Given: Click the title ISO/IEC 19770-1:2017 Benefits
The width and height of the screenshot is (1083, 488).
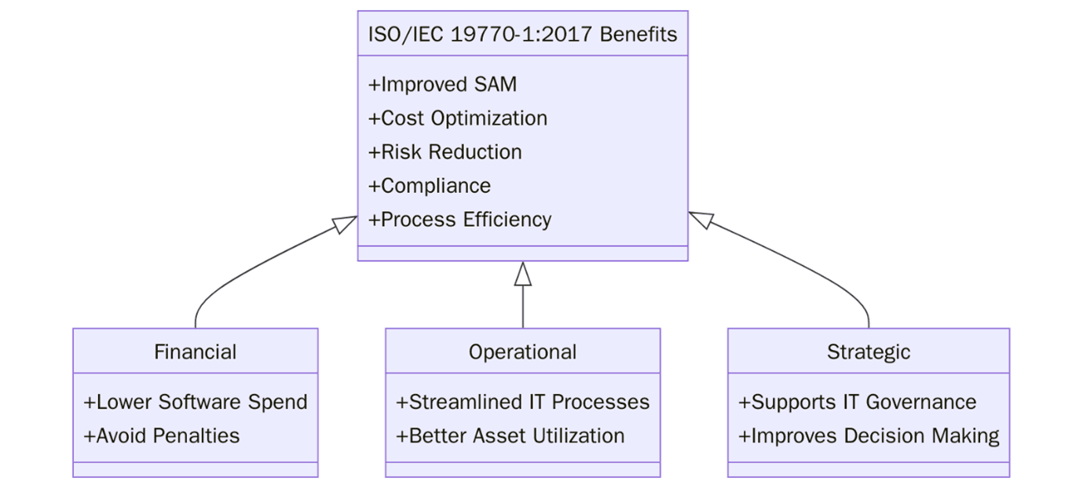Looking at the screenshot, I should pyautogui.click(x=522, y=35).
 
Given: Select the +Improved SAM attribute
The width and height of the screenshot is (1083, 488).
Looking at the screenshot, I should pyautogui.click(x=442, y=85).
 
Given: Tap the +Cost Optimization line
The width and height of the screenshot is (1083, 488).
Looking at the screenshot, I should pyautogui.click(x=458, y=118).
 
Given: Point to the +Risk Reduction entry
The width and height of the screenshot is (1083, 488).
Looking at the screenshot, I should pyautogui.click(x=445, y=152).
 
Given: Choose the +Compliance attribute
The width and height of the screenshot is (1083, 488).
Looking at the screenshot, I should pyautogui.click(x=430, y=186).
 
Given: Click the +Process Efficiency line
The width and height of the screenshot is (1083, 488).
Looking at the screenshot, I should pyautogui.click(x=459, y=220).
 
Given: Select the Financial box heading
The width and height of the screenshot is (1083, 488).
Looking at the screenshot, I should pyautogui.click(x=195, y=351).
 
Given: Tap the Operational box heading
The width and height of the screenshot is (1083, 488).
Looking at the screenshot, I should pyautogui.click(x=522, y=351).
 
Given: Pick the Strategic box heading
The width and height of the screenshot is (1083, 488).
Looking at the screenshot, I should pyautogui.click(x=868, y=351).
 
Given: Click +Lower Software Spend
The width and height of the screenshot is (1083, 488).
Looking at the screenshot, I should pyautogui.click(x=195, y=402).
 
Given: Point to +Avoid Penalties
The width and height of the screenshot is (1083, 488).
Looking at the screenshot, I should pyautogui.click(x=162, y=436).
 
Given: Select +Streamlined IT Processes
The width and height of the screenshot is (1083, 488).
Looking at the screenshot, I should pyautogui.click(x=522, y=402).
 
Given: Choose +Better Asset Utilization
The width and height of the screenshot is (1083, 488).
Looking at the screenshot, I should pyautogui.click(x=510, y=436).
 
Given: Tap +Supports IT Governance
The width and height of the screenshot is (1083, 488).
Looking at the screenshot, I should pyautogui.click(x=857, y=402).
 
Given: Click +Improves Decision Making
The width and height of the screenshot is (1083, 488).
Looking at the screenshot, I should pyautogui.click(x=868, y=436).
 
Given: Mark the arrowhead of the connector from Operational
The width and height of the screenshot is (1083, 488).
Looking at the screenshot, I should pyautogui.click(x=522, y=272).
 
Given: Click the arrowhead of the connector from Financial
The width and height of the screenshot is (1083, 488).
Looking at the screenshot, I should pyautogui.click(x=346, y=224).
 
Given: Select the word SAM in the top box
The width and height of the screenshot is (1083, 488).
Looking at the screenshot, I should pyautogui.click(x=495, y=85).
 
